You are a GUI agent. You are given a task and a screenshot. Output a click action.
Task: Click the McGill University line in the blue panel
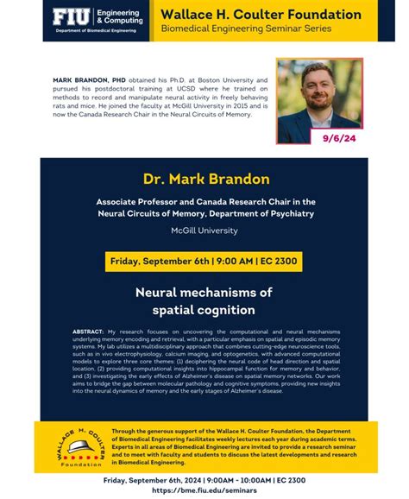(x=204, y=231)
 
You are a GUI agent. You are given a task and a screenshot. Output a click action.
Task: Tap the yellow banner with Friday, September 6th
(x=204, y=261)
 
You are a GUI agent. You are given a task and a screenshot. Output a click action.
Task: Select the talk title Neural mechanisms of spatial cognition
(x=204, y=300)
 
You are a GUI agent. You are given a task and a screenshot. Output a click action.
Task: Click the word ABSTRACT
(x=90, y=331)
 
